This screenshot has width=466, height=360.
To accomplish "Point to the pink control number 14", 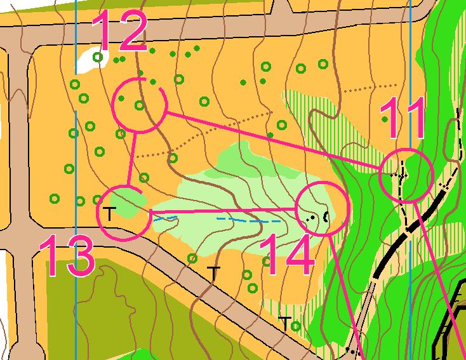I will [289, 254].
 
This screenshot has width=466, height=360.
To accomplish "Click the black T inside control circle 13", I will [110, 213].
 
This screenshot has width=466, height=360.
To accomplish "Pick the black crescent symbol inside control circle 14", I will [327, 217].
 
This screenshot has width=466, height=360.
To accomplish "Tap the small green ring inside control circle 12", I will [139, 105].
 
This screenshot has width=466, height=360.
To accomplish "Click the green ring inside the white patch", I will [98, 58].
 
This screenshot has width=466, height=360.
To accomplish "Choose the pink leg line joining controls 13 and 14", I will [222, 210].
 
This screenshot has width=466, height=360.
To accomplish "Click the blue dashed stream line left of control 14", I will [248, 220].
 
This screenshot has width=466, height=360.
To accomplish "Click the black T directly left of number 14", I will [214, 273].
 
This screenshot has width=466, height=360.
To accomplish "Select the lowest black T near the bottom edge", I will [286, 323].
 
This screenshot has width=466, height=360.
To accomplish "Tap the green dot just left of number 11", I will [384, 119].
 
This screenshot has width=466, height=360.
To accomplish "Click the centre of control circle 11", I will [406, 177].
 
